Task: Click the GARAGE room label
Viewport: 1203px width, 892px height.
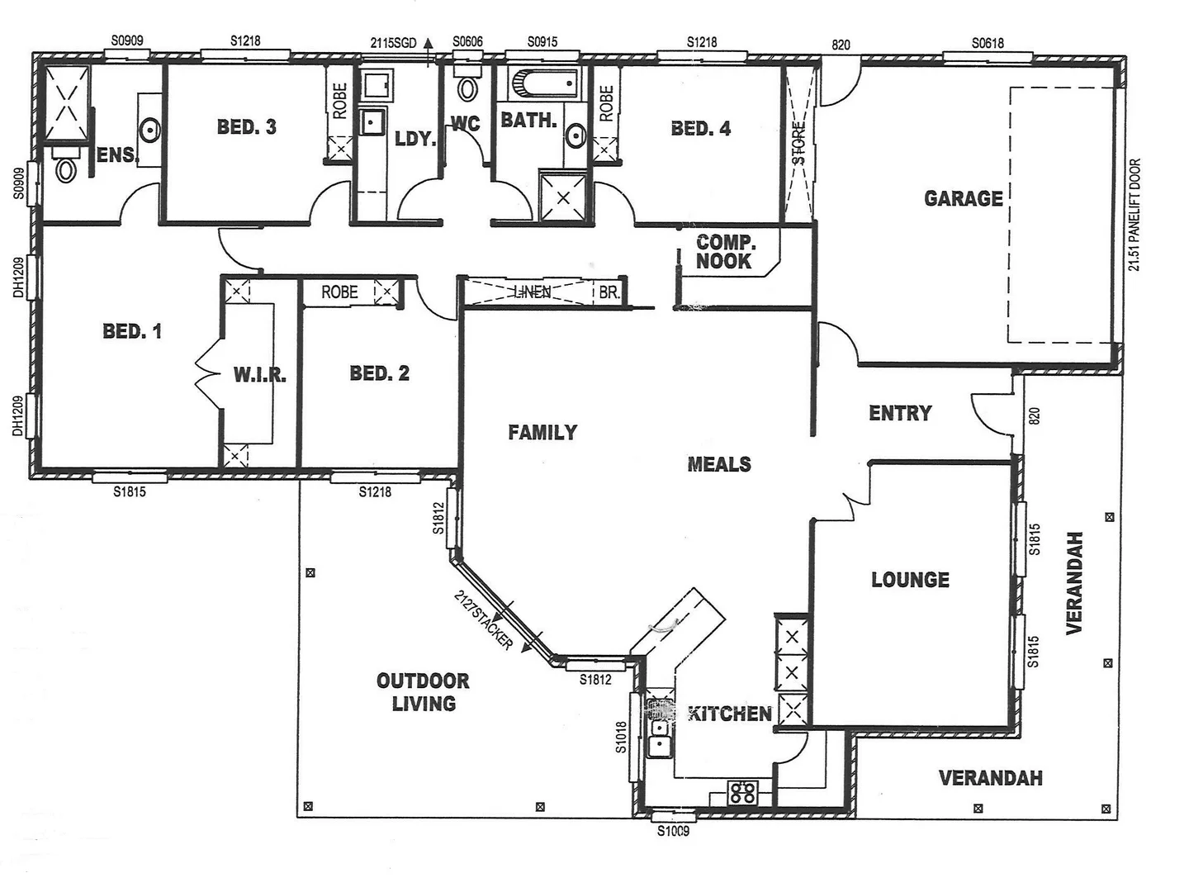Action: pos(963,198)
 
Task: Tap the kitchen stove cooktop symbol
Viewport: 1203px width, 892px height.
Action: pos(742,792)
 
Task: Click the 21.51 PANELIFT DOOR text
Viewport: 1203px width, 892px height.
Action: pos(1134,215)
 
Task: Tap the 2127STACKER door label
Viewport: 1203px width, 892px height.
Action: pos(485,619)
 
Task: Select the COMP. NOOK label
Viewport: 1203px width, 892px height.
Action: pos(725,252)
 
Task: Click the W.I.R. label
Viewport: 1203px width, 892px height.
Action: pos(259,375)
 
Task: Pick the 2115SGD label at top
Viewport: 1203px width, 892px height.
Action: pos(393,43)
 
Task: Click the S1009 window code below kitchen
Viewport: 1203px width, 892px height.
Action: pos(673,831)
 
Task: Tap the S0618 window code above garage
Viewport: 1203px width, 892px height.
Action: pos(988,43)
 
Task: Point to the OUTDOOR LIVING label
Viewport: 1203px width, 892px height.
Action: pos(423,692)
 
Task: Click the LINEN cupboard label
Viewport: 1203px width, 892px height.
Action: pos(532,292)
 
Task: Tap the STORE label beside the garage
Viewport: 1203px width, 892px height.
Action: pos(798,143)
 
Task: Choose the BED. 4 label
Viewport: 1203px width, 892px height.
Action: pos(700,129)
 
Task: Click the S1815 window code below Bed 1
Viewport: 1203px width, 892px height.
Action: pos(130,491)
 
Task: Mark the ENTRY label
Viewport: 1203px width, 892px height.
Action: pos(900,413)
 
